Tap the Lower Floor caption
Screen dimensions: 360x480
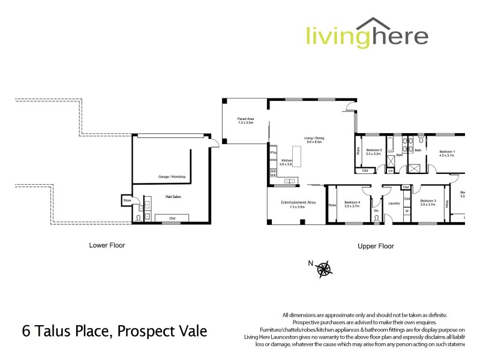click(107, 245)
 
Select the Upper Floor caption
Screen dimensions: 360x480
click(375, 245)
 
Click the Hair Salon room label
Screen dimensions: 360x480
click(173, 196)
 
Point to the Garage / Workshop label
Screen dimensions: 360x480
click(172, 176)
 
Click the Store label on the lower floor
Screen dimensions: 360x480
click(127, 200)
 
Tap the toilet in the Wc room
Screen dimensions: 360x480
click(377, 218)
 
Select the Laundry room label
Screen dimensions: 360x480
click(394, 203)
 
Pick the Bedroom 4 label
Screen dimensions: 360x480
click(353, 203)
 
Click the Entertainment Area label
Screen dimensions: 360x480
click(298, 203)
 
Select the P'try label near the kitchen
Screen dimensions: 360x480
click(273, 153)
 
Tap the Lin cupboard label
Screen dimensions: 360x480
click(390, 171)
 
